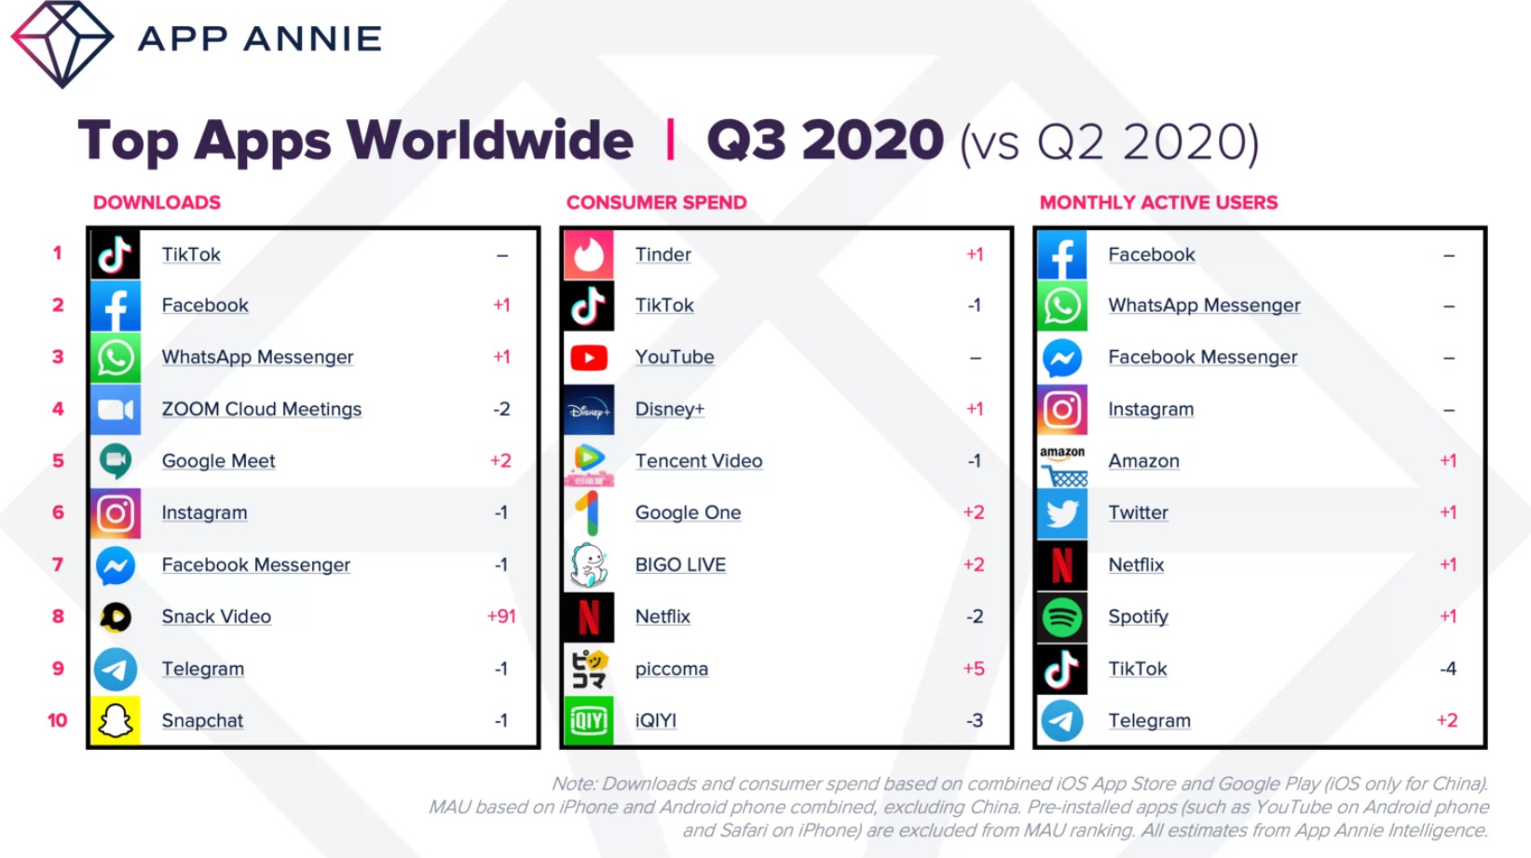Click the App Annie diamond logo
point(62,43)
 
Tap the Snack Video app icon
point(116,617)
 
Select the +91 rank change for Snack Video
point(501,617)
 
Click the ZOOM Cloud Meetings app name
point(261,409)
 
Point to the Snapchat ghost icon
point(116,721)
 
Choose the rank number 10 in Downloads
point(58,720)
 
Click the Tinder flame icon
point(589,254)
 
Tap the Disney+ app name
point(669,409)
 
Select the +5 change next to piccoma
point(974,669)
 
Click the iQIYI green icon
point(589,721)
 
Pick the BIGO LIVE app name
point(680,565)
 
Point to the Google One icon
point(589,513)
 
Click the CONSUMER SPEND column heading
point(656,202)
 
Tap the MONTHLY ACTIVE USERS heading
point(1158,202)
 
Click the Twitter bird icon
point(1062,513)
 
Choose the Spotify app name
point(1138,617)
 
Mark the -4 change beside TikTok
point(1447,669)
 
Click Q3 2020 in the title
point(825,141)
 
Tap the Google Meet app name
point(218,461)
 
